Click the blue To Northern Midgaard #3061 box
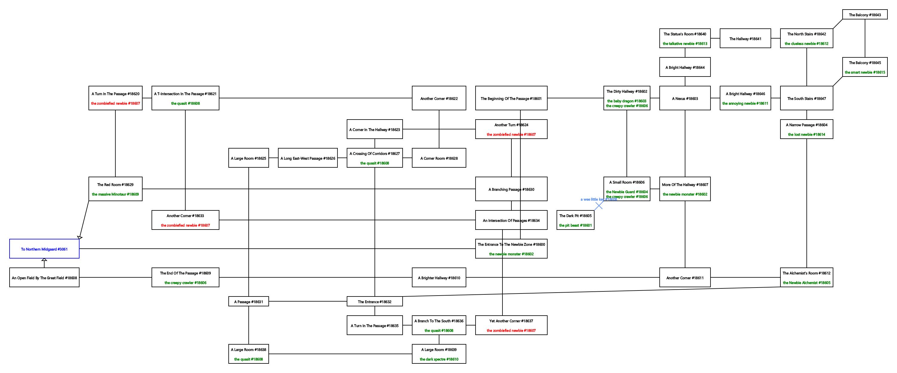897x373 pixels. tap(44, 249)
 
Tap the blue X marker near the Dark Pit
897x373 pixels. tap(599, 206)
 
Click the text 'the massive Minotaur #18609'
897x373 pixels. tap(115, 194)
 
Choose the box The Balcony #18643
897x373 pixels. tap(865, 15)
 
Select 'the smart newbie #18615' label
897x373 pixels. tap(865, 72)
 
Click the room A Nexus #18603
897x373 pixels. tap(684, 98)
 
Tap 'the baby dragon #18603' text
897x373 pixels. tap(626, 101)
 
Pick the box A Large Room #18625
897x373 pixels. tap(248, 158)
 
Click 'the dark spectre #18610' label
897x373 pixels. tap(439, 359)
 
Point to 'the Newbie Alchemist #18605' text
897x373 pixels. tap(806, 283)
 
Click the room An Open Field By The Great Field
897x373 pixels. tap(44, 278)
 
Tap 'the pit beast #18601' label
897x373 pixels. tap(575, 225)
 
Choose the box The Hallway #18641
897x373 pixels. tap(745, 39)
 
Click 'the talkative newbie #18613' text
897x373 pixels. tap(684, 44)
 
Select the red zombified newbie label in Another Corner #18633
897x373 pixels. tap(185, 225)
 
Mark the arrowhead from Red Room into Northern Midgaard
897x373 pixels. tap(80, 238)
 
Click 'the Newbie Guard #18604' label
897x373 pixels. tap(626, 192)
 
